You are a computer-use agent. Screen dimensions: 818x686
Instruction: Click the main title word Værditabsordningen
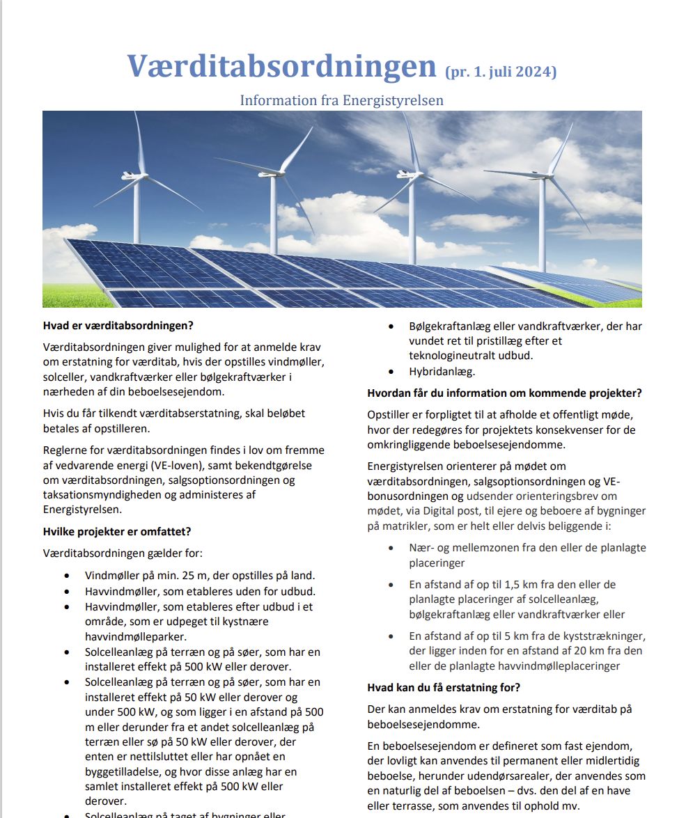(x=281, y=66)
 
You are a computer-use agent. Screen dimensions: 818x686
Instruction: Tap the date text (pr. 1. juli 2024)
(x=500, y=71)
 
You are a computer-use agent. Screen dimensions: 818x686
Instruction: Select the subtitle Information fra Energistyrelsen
(x=341, y=100)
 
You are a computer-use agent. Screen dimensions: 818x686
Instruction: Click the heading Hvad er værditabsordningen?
(x=118, y=325)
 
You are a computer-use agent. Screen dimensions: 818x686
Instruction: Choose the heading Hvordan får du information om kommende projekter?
(x=504, y=393)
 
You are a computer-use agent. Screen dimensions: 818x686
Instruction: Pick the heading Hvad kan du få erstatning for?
(x=444, y=688)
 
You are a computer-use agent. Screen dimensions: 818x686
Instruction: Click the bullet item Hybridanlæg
(x=442, y=372)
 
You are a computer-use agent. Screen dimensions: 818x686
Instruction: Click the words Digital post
(x=452, y=511)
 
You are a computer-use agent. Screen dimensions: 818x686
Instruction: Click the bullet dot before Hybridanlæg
(x=393, y=372)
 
